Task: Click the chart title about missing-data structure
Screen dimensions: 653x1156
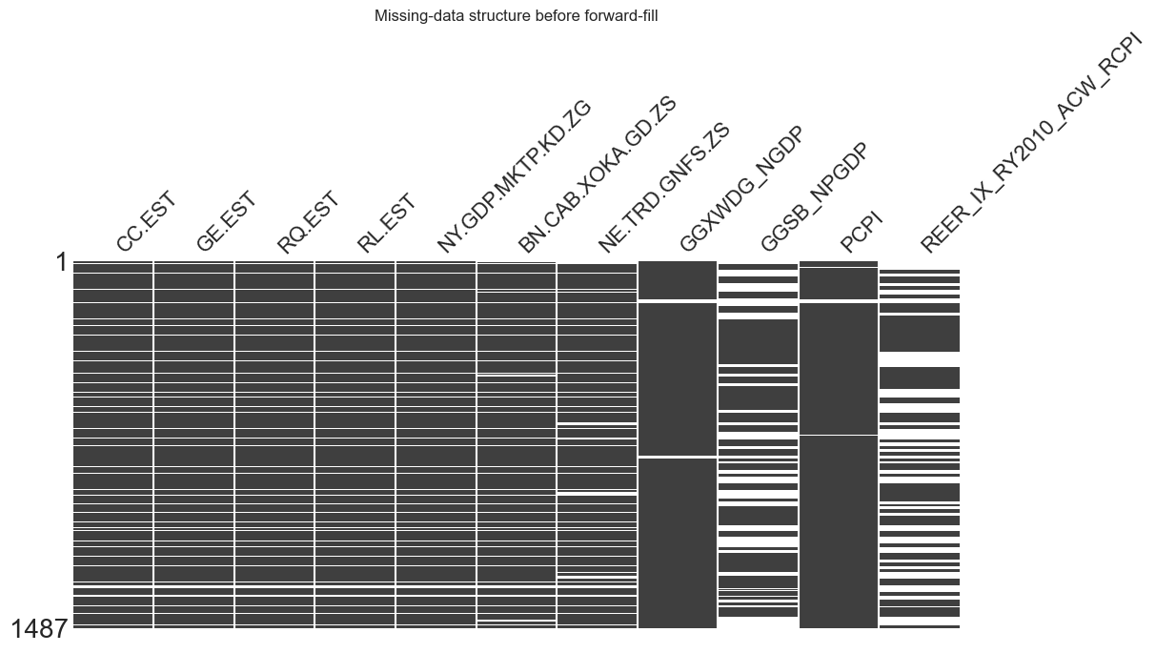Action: [x=516, y=16]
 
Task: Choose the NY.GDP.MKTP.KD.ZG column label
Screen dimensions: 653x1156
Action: [x=515, y=177]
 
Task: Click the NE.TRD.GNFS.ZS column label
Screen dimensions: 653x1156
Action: [x=664, y=189]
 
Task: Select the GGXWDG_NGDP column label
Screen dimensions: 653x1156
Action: [x=741, y=191]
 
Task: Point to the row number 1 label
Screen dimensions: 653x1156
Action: [x=62, y=263]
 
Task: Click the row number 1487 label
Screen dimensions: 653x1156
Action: [x=38, y=629]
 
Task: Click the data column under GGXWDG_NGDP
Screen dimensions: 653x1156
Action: [x=678, y=381]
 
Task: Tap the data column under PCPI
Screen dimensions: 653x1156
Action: [x=839, y=381]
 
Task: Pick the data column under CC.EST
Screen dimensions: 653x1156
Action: [x=112, y=381]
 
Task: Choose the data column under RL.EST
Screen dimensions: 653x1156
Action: [x=355, y=381]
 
